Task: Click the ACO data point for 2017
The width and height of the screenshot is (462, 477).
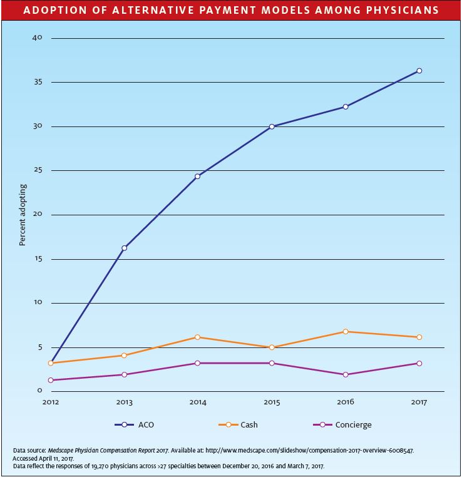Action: (419, 71)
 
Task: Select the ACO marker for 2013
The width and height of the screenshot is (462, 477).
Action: (124, 248)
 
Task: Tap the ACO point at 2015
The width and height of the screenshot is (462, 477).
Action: (272, 126)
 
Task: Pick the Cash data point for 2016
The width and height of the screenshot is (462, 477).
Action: (346, 331)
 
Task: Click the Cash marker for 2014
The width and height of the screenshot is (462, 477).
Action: (198, 337)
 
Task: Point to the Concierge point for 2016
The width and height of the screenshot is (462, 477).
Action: (346, 374)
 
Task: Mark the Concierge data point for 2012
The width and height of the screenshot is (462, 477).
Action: (51, 380)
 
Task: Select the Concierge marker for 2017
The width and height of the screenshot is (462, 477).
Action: (419, 363)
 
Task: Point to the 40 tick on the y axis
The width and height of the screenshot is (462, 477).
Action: (38, 38)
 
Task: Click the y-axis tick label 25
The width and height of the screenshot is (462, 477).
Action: (38, 170)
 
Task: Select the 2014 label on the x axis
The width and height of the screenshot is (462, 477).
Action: (198, 403)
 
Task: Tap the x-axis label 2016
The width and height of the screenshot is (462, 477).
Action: (346, 403)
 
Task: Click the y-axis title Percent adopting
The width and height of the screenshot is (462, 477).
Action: (23, 215)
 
